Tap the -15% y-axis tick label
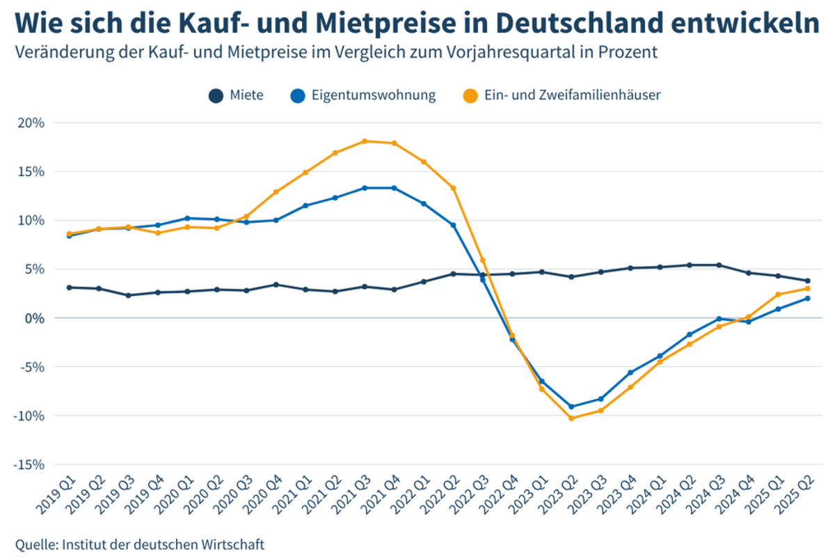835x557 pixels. click(29, 464)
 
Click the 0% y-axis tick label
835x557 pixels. click(33, 318)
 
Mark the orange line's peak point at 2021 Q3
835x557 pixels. click(365, 141)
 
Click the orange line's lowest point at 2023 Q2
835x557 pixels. click(571, 418)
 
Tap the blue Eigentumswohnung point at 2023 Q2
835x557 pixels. click(571, 407)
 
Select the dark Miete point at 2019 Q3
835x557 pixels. click(128, 295)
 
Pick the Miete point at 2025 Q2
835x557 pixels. click(807, 281)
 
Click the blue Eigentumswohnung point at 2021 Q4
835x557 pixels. click(394, 188)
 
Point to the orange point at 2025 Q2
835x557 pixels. click(807, 288)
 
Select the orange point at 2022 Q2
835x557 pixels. click(453, 188)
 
